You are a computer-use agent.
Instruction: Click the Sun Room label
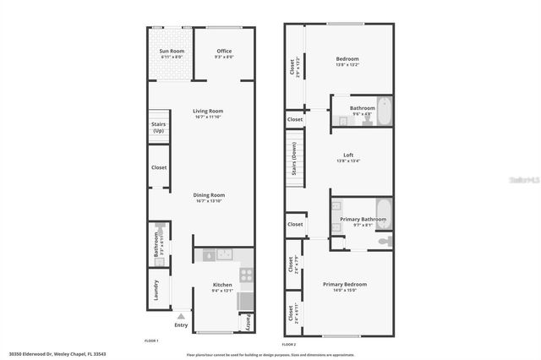pos(172,51)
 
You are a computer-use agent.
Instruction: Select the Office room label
pos(224,51)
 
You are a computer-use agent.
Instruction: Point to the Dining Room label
pos(208,195)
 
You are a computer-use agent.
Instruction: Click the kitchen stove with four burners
pos(247,274)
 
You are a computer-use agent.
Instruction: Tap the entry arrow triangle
pos(180,316)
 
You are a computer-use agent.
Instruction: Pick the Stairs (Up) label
pos(158,127)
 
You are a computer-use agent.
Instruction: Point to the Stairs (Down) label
pos(293,155)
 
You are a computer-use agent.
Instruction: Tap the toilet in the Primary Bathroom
pos(383,242)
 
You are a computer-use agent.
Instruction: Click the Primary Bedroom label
pos(344,284)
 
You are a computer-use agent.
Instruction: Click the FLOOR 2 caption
pos(289,345)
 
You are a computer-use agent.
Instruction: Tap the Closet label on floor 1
pos(159,167)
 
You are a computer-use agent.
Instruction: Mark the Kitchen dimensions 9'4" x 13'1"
pos(222,291)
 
